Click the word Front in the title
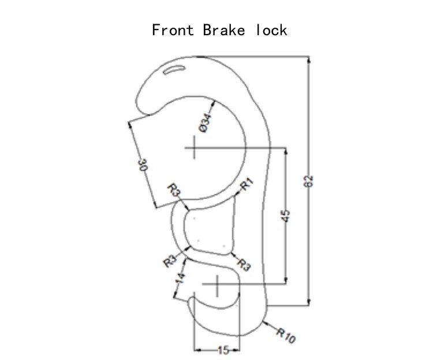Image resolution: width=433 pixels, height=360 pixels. click(x=173, y=30)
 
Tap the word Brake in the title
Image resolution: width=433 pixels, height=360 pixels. click(x=223, y=30)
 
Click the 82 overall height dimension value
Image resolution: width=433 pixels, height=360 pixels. click(x=308, y=181)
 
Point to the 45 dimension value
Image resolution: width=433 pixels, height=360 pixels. click(x=286, y=216)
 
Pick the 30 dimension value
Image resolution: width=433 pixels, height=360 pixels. click(x=143, y=164)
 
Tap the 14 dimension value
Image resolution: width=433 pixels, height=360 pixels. click(x=180, y=278)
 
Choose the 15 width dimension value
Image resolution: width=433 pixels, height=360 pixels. click(x=223, y=350)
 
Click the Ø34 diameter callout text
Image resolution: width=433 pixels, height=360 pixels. click(x=205, y=123)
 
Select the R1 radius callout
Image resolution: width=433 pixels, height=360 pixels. click(x=247, y=184)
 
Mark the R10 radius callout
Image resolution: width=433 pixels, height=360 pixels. click(x=286, y=335)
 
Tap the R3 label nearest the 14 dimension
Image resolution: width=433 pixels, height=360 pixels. click(x=170, y=261)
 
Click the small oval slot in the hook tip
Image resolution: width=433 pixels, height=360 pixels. click(x=174, y=69)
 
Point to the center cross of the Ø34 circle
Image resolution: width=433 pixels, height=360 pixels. click(x=195, y=148)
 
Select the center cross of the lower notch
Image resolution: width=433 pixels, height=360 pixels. click(x=217, y=284)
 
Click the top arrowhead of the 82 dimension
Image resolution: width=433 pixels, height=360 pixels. click(x=309, y=59)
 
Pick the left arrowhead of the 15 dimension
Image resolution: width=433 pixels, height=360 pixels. click(x=197, y=350)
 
